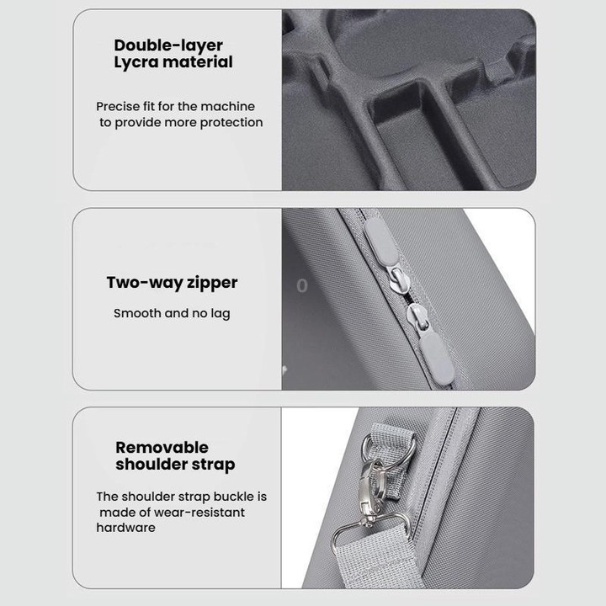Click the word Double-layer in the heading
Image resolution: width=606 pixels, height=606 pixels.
pyautogui.click(x=168, y=45)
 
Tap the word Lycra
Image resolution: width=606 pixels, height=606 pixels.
pyautogui.click(x=136, y=62)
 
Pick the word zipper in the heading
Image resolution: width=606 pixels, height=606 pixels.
pyautogui.click(x=212, y=284)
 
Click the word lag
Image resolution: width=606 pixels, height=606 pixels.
pyautogui.click(x=221, y=314)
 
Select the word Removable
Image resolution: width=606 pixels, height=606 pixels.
pyautogui.click(x=162, y=448)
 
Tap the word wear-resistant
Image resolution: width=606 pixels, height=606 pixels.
pyautogui.click(x=199, y=513)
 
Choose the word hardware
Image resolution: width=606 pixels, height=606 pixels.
pyautogui.click(x=125, y=528)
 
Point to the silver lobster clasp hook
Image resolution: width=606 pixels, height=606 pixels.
pyautogui.click(x=373, y=492)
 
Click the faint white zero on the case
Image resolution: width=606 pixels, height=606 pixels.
pyautogui.click(x=302, y=286)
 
